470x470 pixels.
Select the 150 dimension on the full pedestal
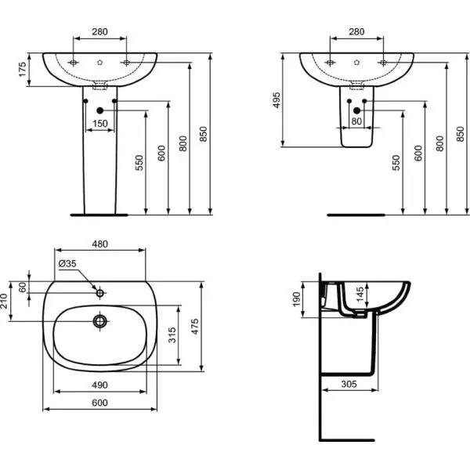[99, 123]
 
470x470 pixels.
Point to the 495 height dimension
[276, 99]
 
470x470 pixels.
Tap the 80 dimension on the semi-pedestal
[356, 122]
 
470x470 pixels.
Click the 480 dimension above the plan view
[99, 244]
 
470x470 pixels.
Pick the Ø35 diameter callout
[67, 263]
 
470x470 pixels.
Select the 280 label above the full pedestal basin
[99, 32]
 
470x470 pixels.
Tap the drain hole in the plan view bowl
[99, 320]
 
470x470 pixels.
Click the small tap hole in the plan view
[99, 293]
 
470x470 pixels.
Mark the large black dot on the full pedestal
[99, 110]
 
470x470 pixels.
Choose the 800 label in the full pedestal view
[183, 144]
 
